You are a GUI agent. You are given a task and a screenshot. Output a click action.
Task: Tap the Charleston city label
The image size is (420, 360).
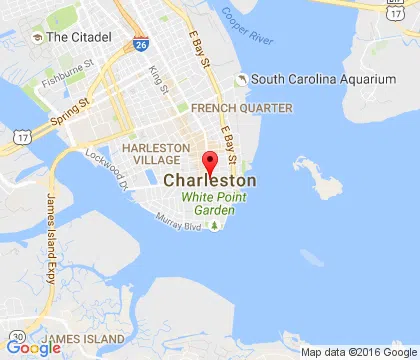(x=209, y=181)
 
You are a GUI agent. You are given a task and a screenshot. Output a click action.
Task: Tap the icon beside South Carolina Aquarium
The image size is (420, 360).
(x=240, y=80)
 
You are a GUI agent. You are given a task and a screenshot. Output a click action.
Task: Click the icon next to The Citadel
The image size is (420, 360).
(x=37, y=37)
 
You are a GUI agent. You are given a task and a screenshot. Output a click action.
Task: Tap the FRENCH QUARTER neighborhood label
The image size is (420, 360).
(x=242, y=107)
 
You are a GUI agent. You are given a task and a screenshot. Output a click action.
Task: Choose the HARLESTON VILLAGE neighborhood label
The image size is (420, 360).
(x=151, y=154)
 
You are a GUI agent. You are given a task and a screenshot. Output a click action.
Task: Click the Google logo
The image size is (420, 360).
(x=32, y=348)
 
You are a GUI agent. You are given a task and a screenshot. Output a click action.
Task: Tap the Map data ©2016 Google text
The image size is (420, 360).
(x=356, y=352)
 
